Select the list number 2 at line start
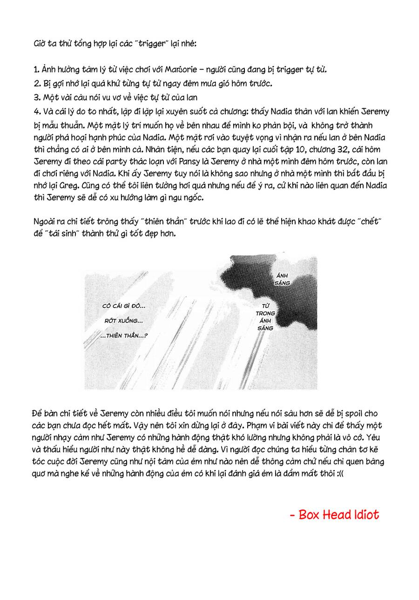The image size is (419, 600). [35, 84]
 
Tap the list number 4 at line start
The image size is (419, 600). [35, 112]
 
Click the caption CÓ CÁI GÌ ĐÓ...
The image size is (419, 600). [123, 306]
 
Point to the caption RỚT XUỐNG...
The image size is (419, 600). [124, 321]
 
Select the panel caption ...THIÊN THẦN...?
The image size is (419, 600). [124, 335]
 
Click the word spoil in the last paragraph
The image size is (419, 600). [369, 413]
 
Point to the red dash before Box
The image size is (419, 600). [292, 516]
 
